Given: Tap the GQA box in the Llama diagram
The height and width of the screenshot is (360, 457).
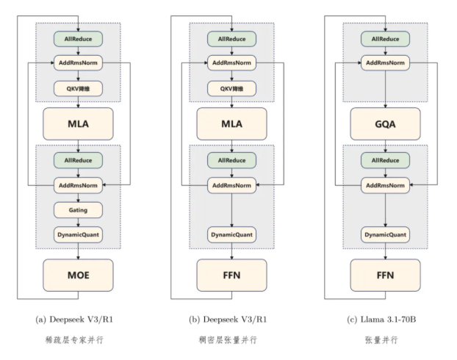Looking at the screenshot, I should point(384,123).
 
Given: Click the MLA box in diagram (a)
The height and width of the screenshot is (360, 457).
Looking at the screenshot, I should point(78,123).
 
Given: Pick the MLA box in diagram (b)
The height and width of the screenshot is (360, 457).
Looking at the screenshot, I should point(231,123).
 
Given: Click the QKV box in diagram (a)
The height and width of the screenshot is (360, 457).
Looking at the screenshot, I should point(78,88).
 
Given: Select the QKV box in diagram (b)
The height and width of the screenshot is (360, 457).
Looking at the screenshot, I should point(231,88).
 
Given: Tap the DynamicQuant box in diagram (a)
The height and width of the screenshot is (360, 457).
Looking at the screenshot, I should point(78,236).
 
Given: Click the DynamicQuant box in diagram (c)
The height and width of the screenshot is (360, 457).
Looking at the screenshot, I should point(384,236).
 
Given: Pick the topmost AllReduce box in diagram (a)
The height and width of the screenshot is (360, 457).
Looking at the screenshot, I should point(78,37).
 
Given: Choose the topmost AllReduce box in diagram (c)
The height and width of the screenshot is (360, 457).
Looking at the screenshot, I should point(384,37).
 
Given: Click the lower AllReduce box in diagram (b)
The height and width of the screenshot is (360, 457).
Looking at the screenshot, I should point(231,159).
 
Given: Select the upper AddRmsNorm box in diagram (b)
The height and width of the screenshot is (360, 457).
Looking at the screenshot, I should point(231,62).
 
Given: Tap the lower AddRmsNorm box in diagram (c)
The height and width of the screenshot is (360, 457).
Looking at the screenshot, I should point(384,184).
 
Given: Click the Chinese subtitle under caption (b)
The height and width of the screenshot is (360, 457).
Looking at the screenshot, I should point(231,340).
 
